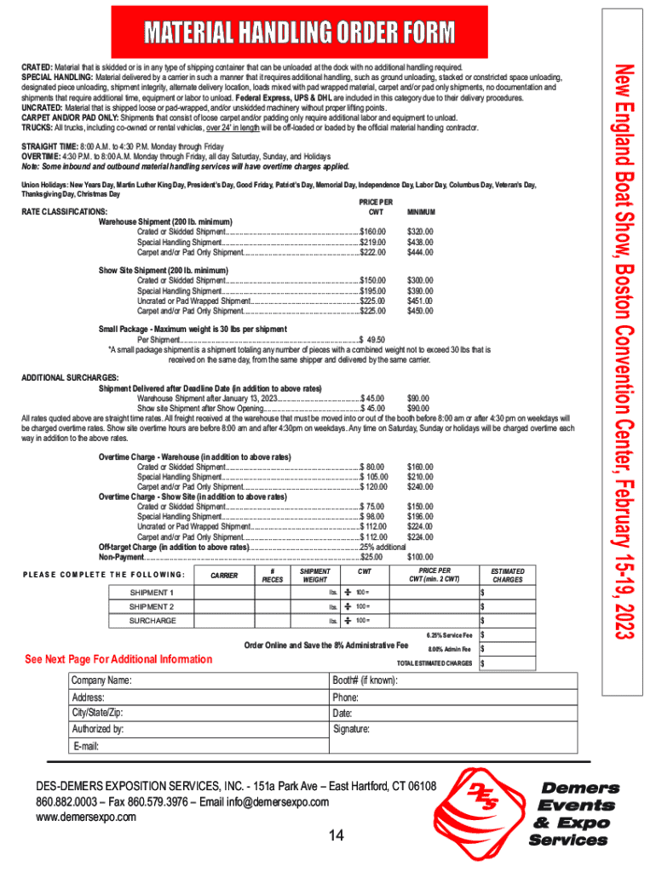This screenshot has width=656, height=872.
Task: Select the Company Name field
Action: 199,680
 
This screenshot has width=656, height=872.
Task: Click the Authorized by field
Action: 199,730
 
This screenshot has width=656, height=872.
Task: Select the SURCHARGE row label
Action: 152,621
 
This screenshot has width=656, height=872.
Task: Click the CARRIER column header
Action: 223,576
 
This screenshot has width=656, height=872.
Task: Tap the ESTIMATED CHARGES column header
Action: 508,576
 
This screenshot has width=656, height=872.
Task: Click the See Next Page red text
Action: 118,659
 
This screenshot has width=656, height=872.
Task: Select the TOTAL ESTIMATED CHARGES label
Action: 434,663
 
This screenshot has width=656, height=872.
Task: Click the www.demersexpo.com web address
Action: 85,817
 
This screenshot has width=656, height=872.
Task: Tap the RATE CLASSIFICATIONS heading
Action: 65,211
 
